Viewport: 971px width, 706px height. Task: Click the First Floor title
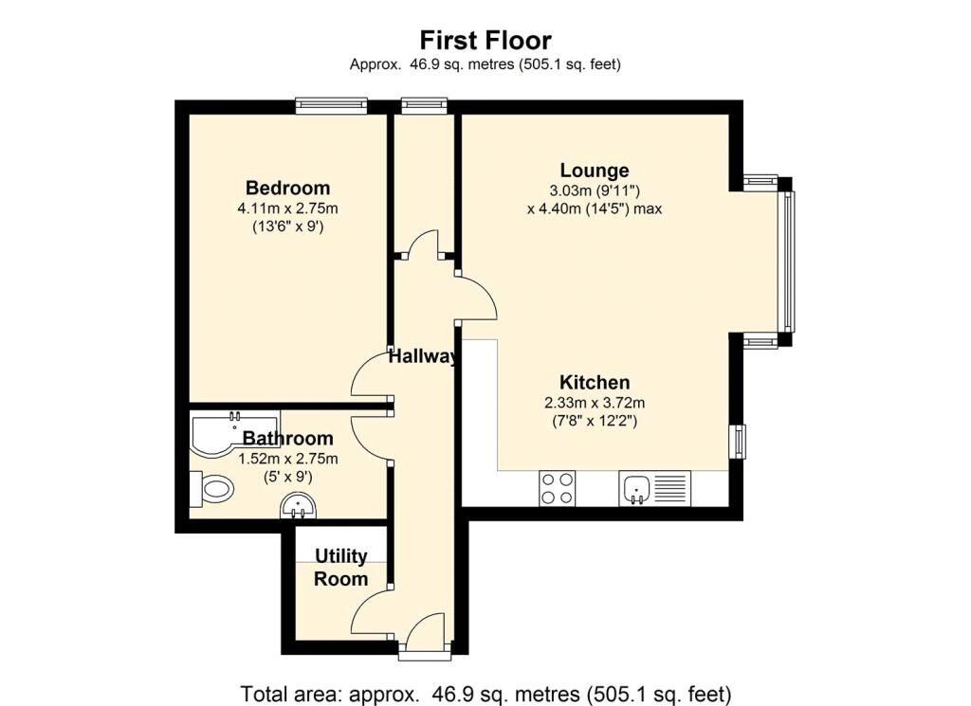[485, 40]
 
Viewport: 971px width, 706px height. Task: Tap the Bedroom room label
[288, 188]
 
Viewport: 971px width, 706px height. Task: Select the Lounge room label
[595, 171]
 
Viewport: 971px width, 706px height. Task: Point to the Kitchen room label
[595, 382]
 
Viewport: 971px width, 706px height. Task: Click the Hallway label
[423, 356]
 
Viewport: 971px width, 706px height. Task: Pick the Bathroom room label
[288, 438]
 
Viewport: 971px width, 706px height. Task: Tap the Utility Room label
[341, 568]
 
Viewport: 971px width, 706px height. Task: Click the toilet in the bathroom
[211, 488]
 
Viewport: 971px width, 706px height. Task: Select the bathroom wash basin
[299, 507]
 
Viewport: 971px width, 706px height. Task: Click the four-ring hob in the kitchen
[557, 488]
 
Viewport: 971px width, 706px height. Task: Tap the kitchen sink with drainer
[654, 488]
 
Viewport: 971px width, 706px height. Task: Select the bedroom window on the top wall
[331, 106]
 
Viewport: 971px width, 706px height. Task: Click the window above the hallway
[424, 106]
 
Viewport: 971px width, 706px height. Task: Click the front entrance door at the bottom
[424, 643]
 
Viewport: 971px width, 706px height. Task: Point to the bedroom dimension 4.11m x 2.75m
[288, 208]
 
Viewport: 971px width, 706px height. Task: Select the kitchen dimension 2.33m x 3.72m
[595, 404]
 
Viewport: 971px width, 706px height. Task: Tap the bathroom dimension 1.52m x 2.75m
[288, 459]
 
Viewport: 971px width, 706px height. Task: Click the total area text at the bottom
[485, 694]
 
